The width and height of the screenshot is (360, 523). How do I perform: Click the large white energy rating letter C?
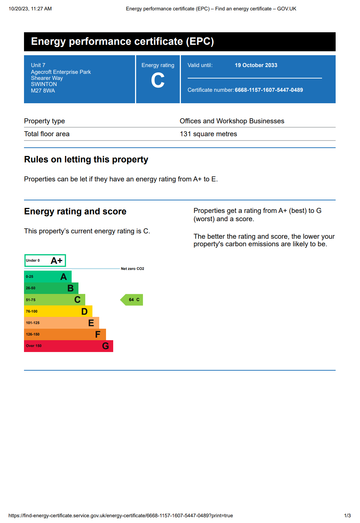(x=158, y=81)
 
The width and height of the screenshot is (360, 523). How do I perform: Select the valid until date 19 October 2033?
(x=256, y=65)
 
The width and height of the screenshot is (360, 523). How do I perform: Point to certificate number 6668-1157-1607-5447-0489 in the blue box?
(x=269, y=90)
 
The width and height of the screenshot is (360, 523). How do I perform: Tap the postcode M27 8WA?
(x=43, y=91)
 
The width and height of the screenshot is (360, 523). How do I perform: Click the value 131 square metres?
(x=208, y=134)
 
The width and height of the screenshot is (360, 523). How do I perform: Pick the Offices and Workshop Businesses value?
(x=232, y=121)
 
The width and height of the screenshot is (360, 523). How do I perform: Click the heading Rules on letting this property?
(x=86, y=160)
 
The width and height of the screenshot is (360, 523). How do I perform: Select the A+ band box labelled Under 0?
(x=45, y=261)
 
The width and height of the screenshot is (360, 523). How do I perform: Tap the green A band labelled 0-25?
(x=48, y=277)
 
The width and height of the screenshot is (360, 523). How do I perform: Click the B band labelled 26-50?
(x=51, y=288)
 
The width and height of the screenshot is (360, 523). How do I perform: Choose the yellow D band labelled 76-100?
(x=58, y=312)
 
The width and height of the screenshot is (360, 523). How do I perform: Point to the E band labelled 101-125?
(x=61, y=323)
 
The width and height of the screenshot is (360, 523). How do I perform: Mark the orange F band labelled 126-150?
(x=65, y=334)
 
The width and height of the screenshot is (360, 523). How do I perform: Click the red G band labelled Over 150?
(x=68, y=346)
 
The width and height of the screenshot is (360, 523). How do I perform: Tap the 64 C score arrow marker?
(x=132, y=300)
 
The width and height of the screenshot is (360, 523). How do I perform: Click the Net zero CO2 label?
(x=133, y=268)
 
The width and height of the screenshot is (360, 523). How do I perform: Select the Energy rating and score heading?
(x=75, y=211)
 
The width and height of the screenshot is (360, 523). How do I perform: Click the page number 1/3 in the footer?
(x=347, y=515)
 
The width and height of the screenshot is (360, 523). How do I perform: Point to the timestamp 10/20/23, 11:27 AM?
(x=30, y=9)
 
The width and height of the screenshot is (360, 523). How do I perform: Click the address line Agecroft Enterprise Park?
(x=61, y=72)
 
